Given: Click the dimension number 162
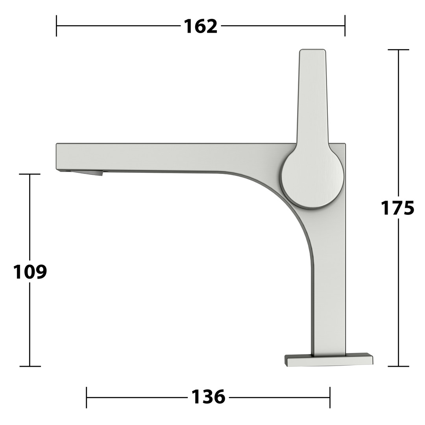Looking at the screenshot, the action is [201, 26].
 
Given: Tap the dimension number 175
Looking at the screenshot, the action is [397, 208].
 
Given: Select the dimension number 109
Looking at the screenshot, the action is [30, 272].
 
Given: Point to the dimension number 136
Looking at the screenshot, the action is [208, 397].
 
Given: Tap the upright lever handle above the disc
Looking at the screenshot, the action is [313, 98].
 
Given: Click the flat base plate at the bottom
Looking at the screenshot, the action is [329, 359].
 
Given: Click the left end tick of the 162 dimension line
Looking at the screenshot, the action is [56, 26].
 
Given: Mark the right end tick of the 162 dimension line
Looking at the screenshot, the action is [345, 26].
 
